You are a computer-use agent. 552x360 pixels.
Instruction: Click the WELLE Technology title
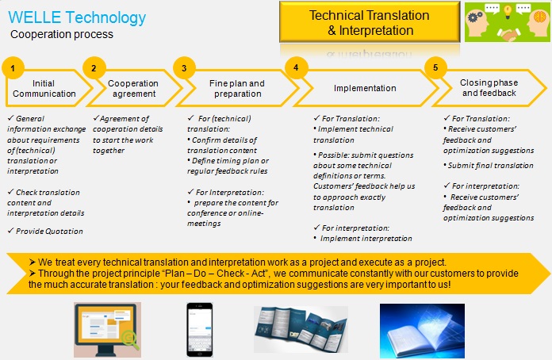(77, 17)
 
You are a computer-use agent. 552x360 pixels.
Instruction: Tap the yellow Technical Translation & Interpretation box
(370, 22)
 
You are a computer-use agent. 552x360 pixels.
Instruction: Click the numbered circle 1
(13, 68)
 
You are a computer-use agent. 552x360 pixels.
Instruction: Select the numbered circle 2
(94, 68)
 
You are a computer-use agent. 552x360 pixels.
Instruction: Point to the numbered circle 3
(184, 68)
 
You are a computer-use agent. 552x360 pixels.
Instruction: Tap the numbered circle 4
(296, 67)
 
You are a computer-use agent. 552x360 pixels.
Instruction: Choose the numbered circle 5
(435, 67)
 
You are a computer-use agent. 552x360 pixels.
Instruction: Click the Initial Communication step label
(44, 88)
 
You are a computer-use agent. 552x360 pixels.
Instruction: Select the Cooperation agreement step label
(133, 88)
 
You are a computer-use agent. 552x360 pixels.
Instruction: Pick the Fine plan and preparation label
(237, 88)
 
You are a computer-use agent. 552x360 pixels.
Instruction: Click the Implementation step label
(365, 88)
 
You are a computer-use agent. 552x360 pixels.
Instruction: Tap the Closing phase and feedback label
(489, 88)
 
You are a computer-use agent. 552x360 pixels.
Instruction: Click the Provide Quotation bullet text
(46, 231)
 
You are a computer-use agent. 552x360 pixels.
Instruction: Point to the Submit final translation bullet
(489, 166)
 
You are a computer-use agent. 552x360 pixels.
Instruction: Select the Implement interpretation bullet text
(363, 238)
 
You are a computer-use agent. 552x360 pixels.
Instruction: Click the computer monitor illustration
(107, 330)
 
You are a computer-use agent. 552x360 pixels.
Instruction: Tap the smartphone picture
(200, 330)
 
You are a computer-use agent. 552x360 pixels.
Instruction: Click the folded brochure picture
(301, 329)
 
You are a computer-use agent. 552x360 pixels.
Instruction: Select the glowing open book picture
(422, 331)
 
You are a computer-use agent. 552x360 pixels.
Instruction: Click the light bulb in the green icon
(508, 12)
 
